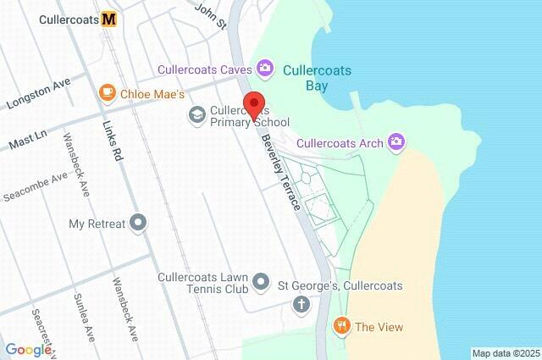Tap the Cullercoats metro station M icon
108,19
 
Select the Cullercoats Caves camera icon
265,67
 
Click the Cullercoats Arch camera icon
395,141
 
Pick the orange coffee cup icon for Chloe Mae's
107,91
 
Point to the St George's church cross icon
301,304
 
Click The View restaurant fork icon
341,326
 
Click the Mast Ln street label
28,140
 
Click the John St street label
211,14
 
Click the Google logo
28,349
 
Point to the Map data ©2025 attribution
506,353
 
